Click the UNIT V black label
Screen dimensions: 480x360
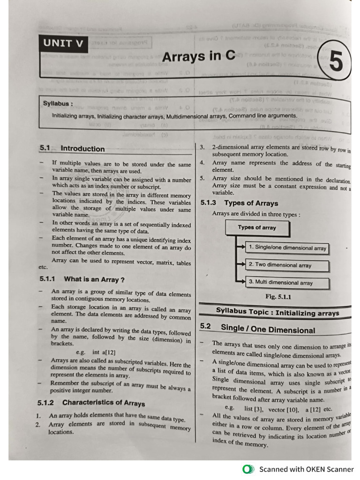point(63,44)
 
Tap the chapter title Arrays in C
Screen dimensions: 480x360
point(198,57)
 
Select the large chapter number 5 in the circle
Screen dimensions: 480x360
point(336,62)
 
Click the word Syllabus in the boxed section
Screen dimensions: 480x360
point(58,104)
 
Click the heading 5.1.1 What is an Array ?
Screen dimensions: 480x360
point(82,279)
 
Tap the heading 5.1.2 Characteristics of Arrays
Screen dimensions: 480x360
point(91,403)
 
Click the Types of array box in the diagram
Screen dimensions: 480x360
point(257,228)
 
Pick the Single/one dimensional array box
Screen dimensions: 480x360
point(287,248)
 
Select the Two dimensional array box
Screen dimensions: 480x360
point(287,265)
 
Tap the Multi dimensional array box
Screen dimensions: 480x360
point(287,283)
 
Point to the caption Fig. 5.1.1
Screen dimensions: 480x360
point(278,297)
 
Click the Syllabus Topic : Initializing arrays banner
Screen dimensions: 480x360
point(277,312)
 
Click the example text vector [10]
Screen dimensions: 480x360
point(285,409)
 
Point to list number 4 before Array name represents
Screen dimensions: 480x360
point(202,163)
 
